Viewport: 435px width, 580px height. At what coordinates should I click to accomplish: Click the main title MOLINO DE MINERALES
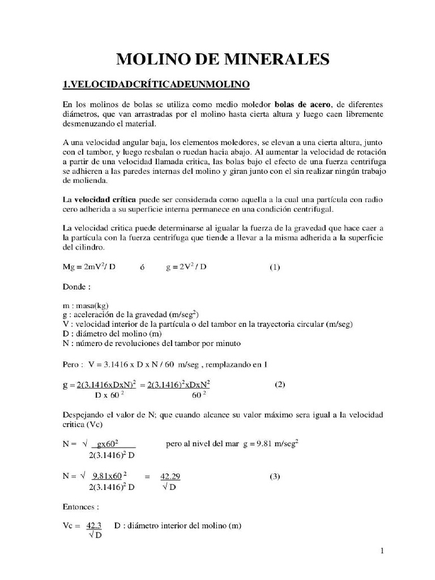click(x=223, y=59)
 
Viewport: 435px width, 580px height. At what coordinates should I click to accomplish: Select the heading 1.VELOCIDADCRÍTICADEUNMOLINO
click(x=156, y=85)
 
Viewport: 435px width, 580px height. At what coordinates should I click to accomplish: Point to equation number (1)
click(x=274, y=267)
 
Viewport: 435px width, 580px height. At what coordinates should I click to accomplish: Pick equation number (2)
click(x=280, y=384)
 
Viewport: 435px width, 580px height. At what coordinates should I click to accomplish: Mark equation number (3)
click(x=274, y=476)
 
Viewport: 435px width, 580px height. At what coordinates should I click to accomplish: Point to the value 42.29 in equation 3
click(x=170, y=476)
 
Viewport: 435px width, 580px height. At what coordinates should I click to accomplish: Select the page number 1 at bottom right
click(x=382, y=550)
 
